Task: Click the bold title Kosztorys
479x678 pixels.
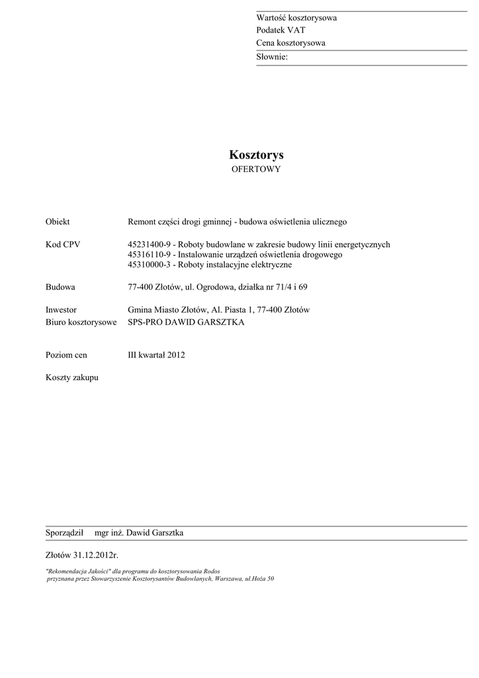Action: coord(256,155)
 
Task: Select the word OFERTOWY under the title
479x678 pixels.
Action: coord(256,169)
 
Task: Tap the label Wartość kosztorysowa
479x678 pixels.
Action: coord(296,18)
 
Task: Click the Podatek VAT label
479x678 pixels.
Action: coord(281,30)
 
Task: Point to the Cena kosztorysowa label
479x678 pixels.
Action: coord(290,43)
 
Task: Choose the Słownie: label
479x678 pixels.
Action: coord(272,58)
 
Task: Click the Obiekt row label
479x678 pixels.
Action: coord(58,222)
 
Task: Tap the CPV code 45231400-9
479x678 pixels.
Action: coord(150,244)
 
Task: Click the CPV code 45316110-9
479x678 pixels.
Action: coord(150,255)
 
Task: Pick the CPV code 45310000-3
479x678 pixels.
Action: coord(150,265)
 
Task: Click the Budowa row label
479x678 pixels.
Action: coord(60,287)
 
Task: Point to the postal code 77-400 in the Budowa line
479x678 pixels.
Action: coord(140,287)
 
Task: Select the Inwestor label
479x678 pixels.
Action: coord(61,310)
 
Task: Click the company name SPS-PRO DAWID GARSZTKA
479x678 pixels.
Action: coord(186,322)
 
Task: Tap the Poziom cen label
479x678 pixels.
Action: coord(66,355)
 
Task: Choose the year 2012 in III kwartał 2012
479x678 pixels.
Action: coord(176,355)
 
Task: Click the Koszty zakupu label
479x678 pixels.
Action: coord(71,377)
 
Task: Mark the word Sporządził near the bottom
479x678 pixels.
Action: coord(64,533)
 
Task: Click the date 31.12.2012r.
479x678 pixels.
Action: coord(97,555)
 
